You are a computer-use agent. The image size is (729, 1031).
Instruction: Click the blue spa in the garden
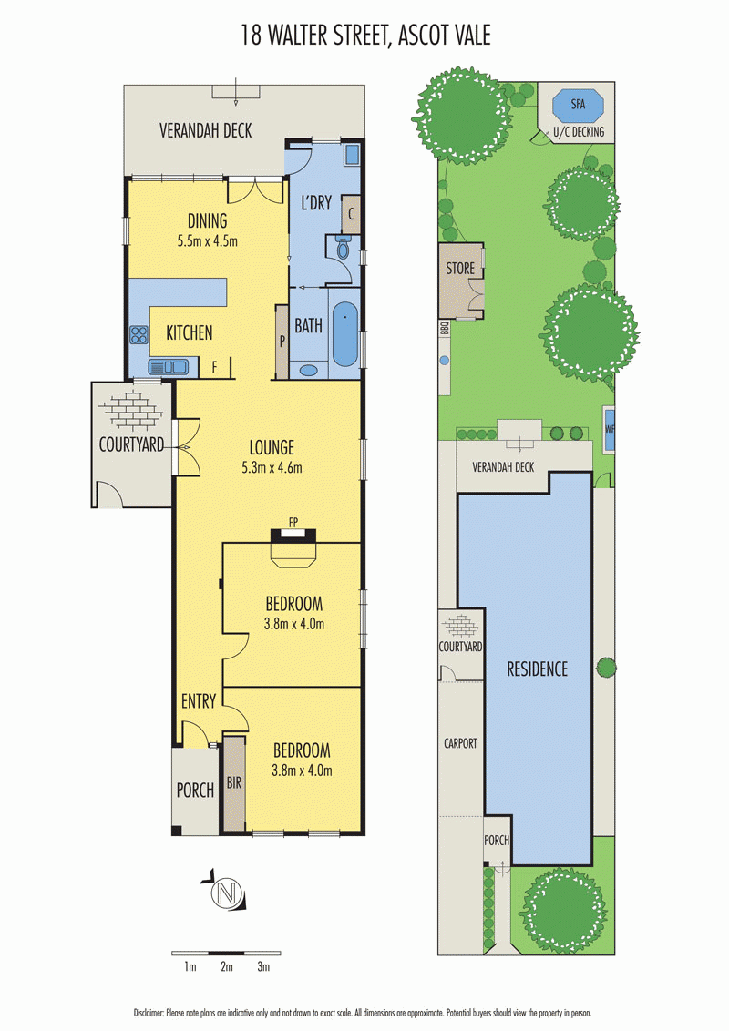[578, 104]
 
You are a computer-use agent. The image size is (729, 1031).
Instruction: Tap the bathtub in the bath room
[344, 333]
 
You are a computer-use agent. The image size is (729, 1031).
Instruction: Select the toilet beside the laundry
[342, 248]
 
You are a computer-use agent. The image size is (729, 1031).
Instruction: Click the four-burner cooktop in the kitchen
[139, 334]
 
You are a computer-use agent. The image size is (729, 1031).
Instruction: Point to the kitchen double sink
[169, 366]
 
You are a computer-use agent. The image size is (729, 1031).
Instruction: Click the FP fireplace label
[293, 522]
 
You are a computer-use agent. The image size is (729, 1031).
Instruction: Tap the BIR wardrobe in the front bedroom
[234, 783]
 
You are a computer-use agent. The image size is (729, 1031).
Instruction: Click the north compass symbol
[226, 893]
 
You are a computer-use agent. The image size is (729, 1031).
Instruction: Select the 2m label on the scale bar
[227, 966]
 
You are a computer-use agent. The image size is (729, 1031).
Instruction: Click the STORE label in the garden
[460, 269]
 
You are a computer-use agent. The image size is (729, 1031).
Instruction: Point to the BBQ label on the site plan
[444, 328]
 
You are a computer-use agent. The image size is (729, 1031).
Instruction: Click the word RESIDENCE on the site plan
[537, 669]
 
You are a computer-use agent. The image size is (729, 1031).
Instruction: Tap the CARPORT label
[460, 743]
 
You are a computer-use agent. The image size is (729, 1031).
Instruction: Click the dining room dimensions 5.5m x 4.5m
[207, 240]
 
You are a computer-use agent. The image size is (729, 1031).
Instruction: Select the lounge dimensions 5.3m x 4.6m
[272, 467]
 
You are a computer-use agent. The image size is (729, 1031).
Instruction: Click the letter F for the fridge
[214, 367]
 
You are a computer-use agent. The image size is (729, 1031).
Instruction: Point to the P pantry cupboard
[282, 342]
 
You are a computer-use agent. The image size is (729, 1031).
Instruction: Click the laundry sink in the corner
[352, 155]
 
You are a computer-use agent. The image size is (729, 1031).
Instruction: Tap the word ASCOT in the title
[420, 35]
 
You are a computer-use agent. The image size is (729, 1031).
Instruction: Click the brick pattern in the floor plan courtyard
[131, 410]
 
